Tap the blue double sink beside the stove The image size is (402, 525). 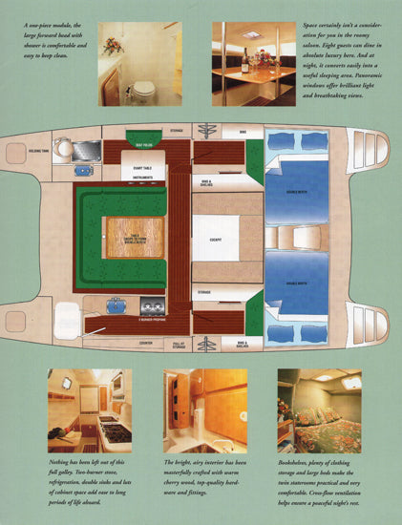118,305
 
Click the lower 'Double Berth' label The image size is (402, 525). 286,283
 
